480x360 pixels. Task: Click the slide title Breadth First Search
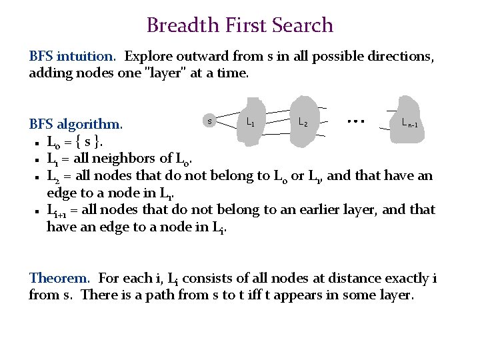239,25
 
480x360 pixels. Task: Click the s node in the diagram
210,121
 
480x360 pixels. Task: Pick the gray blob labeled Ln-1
407,120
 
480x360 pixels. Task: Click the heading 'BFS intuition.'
74,56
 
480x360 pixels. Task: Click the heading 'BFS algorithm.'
75,125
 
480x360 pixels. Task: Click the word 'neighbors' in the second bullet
130,159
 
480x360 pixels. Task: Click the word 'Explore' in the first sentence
149,56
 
